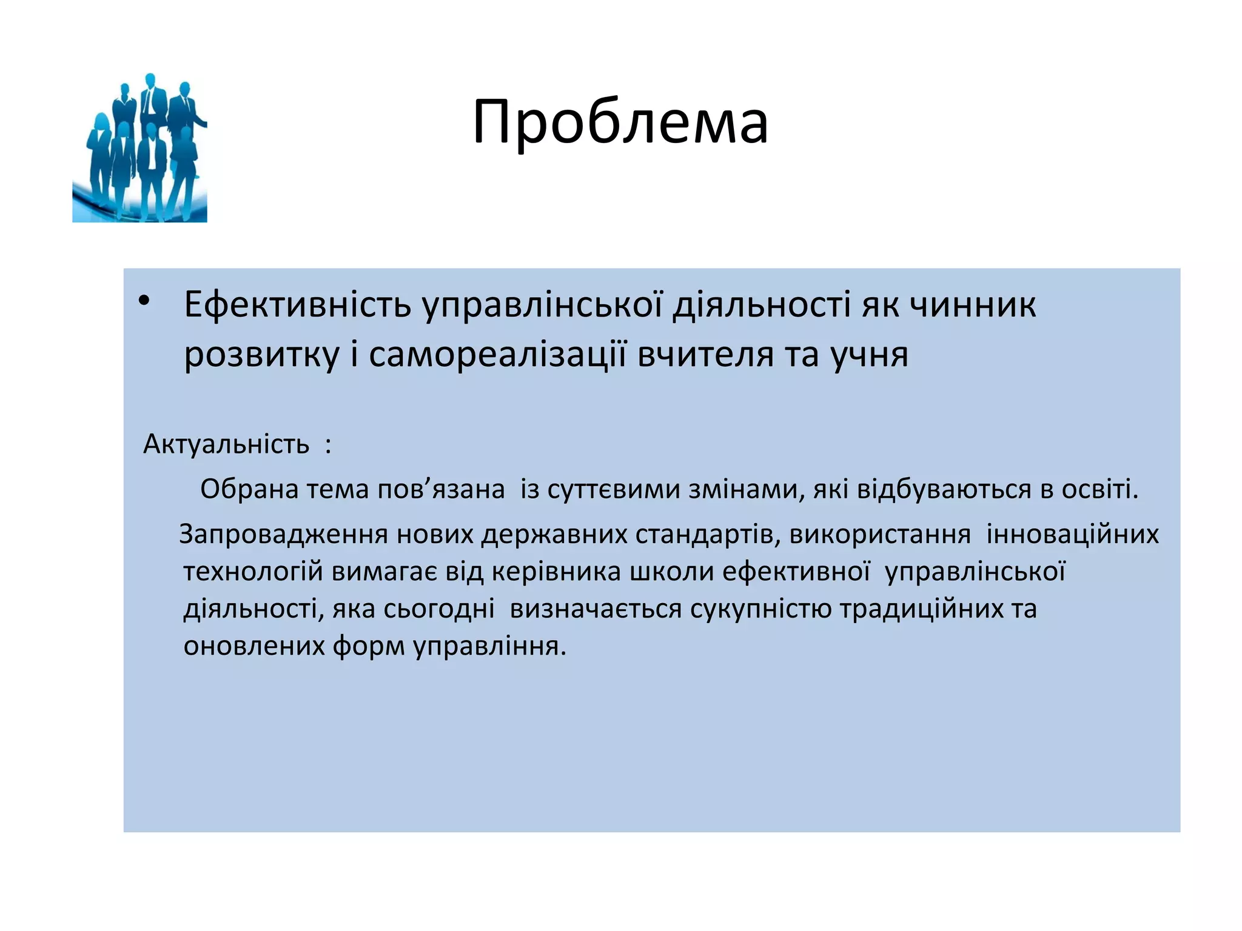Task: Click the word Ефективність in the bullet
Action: (x=297, y=304)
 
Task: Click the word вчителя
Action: (x=706, y=355)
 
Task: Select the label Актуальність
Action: (x=226, y=444)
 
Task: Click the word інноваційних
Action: (x=1072, y=535)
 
